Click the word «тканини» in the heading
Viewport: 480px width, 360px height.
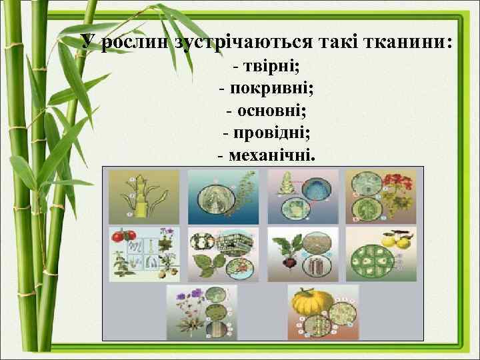[x=406, y=43]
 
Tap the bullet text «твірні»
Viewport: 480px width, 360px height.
[x=274, y=67]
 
